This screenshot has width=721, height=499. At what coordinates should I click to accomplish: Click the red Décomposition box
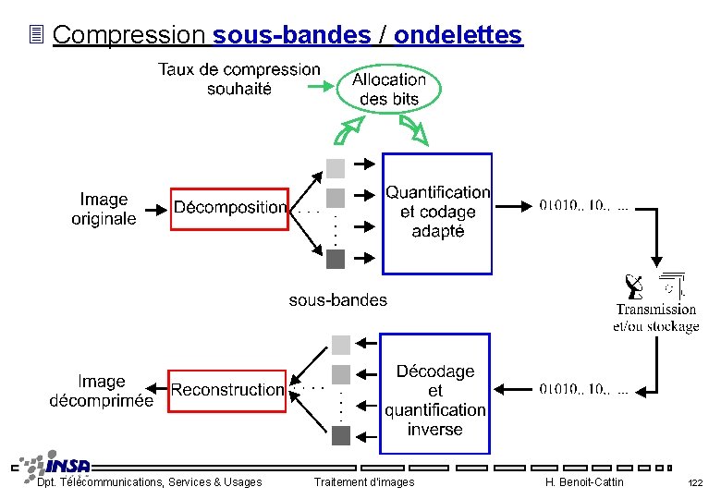pyautogui.click(x=230, y=208)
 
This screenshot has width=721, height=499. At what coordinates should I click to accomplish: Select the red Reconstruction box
pyautogui.click(x=227, y=390)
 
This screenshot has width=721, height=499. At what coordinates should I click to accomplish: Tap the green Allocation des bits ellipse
pyautogui.click(x=389, y=90)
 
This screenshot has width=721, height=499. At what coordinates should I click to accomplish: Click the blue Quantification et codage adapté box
pyautogui.click(x=437, y=213)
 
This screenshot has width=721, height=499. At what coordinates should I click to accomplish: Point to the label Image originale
pyautogui.click(x=104, y=209)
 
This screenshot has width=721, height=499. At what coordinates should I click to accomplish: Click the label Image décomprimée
pyautogui.click(x=102, y=391)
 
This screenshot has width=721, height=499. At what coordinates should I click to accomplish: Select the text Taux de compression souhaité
pyautogui.click(x=239, y=79)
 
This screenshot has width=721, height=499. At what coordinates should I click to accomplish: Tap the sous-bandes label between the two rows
pyautogui.click(x=338, y=299)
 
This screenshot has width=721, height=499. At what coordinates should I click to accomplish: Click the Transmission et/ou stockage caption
pyautogui.click(x=656, y=318)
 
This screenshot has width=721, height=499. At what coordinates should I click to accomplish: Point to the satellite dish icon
pyautogui.click(x=634, y=286)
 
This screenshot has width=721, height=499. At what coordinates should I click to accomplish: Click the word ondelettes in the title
pyautogui.click(x=458, y=35)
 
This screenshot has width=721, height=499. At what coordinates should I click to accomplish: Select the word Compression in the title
pyautogui.click(x=129, y=35)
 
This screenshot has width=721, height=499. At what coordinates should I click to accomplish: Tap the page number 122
pyautogui.click(x=695, y=482)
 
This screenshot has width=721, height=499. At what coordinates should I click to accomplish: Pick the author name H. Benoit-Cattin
pyautogui.click(x=584, y=482)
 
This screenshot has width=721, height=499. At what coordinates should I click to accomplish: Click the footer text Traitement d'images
pyautogui.click(x=364, y=482)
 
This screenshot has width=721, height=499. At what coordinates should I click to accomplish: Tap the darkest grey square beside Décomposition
pyautogui.click(x=336, y=259)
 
